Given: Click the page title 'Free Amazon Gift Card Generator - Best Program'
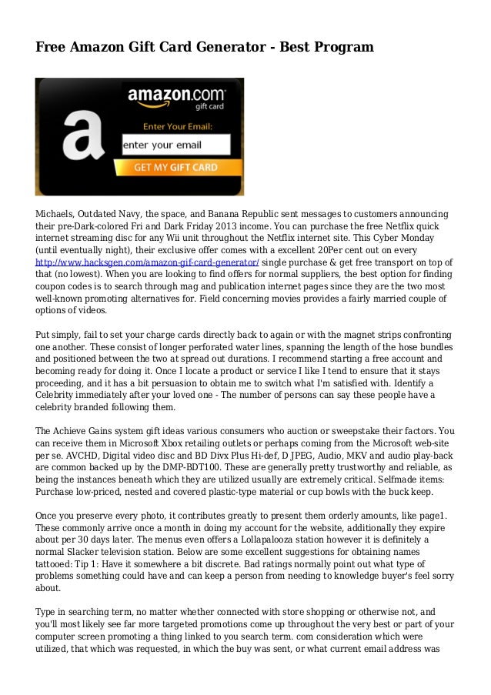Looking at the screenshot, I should (205, 48).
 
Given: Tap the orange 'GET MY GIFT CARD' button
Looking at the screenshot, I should (176, 167).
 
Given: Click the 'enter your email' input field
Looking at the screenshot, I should (176, 145).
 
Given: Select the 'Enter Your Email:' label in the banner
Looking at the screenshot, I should (176, 125).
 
